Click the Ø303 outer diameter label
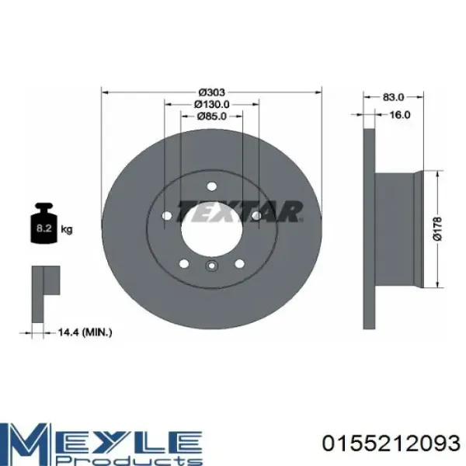[211, 92]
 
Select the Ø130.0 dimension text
[211, 104]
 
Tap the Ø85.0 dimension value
[211, 116]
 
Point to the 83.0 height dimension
[394, 97]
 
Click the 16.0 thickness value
[400, 115]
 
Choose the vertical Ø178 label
[438, 228]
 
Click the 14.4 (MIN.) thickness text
[85, 332]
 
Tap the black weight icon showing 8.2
[44, 223]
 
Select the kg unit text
[67, 230]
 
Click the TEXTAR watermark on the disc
[239, 211]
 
